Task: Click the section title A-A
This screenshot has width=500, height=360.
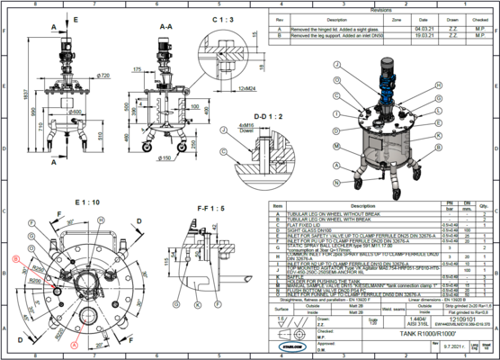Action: coord(165,27)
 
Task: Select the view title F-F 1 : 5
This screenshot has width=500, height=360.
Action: coord(210,207)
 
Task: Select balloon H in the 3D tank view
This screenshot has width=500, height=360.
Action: coord(438,85)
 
